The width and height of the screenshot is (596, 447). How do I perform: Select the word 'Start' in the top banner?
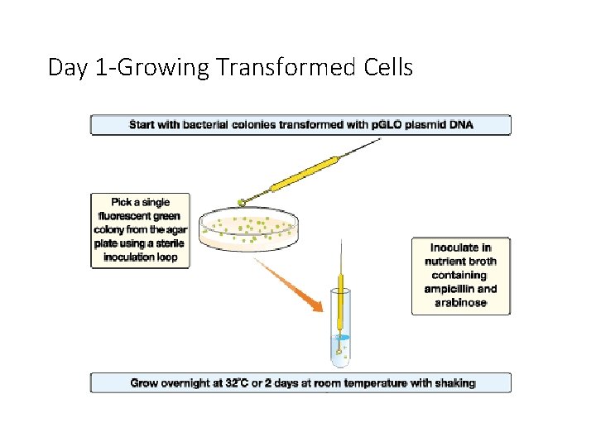tap(142, 125)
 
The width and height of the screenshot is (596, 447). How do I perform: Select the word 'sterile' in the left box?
tap(168, 243)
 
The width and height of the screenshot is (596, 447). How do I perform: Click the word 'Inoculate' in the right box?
tap(460, 248)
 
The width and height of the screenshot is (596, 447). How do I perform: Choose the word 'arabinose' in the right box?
tap(461, 302)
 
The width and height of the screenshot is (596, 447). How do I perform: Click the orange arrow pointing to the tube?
tap(290, 285)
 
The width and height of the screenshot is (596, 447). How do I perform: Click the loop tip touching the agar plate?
tap(242, 201)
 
